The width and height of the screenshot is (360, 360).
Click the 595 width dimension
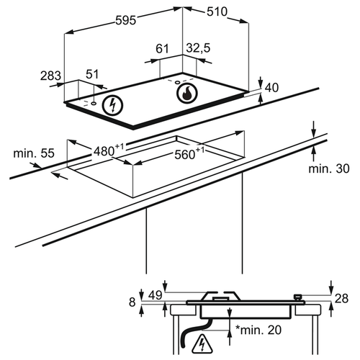coord(126,20)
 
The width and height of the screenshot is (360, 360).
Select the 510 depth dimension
coord(217,12)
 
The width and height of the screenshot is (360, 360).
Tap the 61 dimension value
coord(162,48)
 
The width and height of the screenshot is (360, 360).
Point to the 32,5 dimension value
coord(198,48)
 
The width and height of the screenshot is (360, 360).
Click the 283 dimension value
coord(50,76)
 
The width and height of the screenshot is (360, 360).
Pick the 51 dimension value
coord(92,74)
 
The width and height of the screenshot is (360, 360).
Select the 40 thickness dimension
coord(271,88)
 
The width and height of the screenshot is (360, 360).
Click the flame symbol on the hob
coord(187,93)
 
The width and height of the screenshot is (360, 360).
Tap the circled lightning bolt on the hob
coord(112,105)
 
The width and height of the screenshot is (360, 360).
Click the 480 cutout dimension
coord(109,150)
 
